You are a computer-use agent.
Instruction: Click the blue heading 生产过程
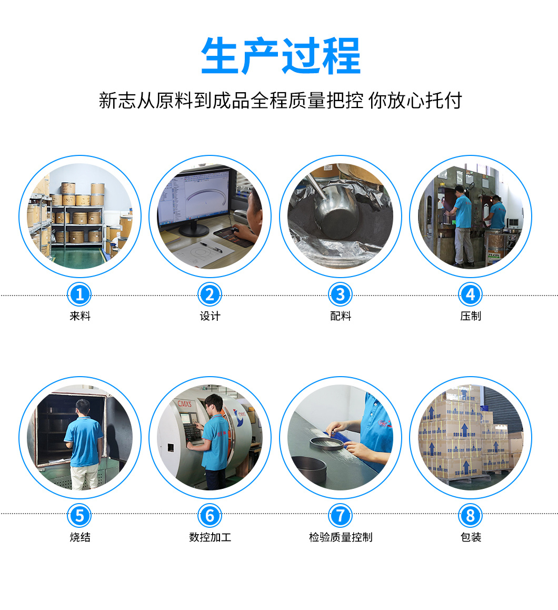(x=281, y=56)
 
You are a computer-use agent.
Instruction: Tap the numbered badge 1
(x=79, y=294)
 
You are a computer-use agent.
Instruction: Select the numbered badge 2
(x=210, y=294)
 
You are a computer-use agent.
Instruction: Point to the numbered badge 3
(x=340, y=294)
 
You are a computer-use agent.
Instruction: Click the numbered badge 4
(x=471, y=294)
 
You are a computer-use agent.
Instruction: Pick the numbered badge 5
(x=79, y=516)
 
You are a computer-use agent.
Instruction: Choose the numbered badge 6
(x=210, y=516)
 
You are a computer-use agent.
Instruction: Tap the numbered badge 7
(x=340, y=516)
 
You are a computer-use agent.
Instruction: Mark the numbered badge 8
(x=471, y=516)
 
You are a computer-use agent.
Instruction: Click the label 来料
(x=79, y=316)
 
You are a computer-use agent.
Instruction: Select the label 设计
(x=210, y=316)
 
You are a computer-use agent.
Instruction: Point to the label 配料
(x=341, y=316)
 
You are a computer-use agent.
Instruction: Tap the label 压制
(x=471, y=316)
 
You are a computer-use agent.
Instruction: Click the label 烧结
(x=79, y=537)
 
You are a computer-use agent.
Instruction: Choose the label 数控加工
(x=210, y=537)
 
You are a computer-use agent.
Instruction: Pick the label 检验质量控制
(x=341, y=537)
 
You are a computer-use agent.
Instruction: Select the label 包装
(x=471, y=537)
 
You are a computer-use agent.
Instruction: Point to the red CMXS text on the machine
(x=184, y=404)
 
